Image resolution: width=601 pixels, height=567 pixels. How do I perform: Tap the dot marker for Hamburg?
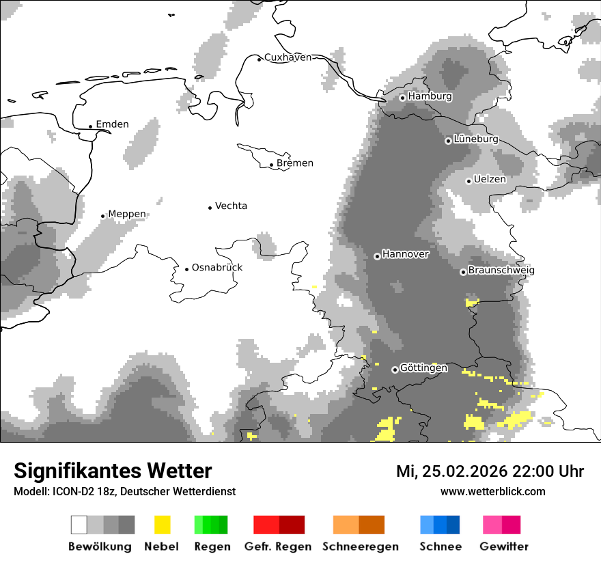403,98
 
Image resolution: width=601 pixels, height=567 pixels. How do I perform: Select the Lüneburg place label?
475,139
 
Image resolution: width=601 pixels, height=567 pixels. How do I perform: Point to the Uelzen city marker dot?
469,181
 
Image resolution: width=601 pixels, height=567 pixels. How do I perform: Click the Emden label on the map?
112,124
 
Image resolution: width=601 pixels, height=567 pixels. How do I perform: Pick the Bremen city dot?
271,165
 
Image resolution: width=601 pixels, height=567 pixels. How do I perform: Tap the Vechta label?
231,206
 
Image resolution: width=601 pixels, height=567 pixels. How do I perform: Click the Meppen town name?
127,214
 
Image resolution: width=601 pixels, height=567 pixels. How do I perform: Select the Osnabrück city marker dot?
186,269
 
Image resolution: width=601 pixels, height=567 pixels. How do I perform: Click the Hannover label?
406,254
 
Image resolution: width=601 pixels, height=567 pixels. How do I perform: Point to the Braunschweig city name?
501,271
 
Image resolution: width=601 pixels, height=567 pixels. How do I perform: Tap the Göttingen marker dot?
395,370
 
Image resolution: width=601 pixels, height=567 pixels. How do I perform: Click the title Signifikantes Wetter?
113,471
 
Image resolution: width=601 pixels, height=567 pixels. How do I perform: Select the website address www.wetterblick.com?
492,491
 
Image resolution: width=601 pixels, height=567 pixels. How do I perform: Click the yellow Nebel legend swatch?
162,525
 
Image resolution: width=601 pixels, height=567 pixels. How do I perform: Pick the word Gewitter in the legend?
503,547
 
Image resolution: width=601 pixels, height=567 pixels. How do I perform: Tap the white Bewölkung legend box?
79,525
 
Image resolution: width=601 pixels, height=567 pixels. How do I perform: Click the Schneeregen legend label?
361,547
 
